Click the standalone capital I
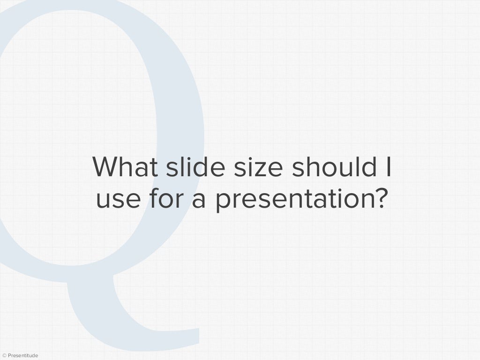click(387, 167)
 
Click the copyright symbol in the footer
click(4, 356)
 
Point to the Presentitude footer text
click(23, 356)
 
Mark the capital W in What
click(106, 167)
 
